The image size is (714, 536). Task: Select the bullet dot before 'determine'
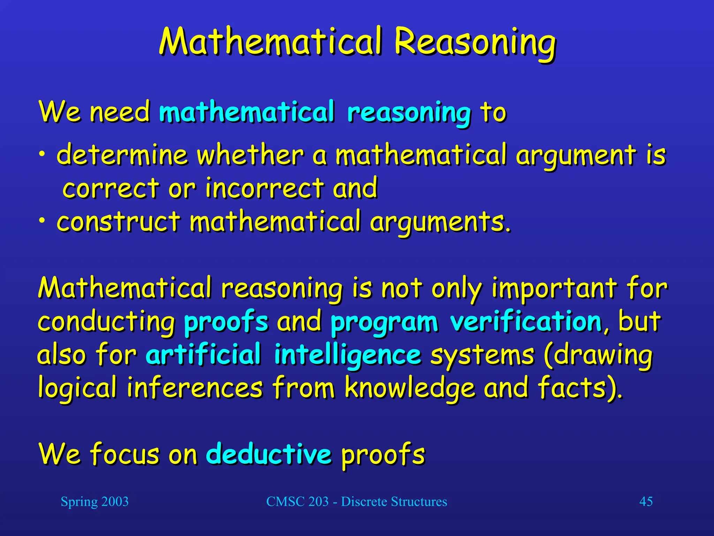coord(42,154)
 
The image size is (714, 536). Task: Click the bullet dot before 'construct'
coord(42,221)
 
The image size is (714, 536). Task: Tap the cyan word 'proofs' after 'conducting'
coord(226,322)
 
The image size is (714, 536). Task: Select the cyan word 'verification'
coord(526,322)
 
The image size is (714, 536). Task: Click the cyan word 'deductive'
coord(268,454)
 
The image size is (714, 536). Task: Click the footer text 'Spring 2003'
coord(94,502)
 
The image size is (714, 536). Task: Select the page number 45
coord(646,502)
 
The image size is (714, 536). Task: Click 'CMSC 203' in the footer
coord(297,502)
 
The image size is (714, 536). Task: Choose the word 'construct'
coord(119,222)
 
